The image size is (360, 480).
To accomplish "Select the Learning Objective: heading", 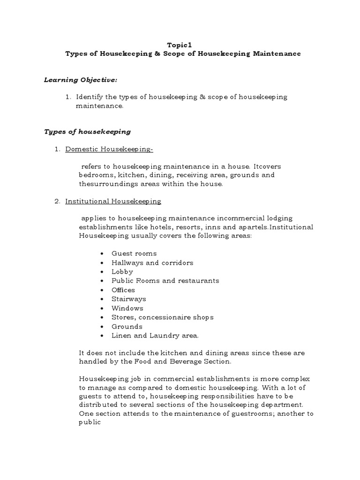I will pos(80,80).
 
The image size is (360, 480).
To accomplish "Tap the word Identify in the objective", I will pos(89,97).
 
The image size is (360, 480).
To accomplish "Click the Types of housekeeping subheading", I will pos(87,132).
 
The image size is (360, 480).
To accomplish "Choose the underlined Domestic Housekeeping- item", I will pos(109,150).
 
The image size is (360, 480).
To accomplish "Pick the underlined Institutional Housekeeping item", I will pos(113,201).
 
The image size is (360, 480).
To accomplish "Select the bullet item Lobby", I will pos(122,272).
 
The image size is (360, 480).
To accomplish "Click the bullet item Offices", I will pos(123,290).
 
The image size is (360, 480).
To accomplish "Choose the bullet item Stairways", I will pos(128,299).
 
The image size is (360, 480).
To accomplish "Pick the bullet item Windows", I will pos(127,308).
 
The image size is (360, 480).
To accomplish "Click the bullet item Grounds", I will pos(127,327).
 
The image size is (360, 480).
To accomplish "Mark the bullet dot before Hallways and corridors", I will pos(102,263).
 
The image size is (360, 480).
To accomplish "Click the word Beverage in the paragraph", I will pos(205,362).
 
